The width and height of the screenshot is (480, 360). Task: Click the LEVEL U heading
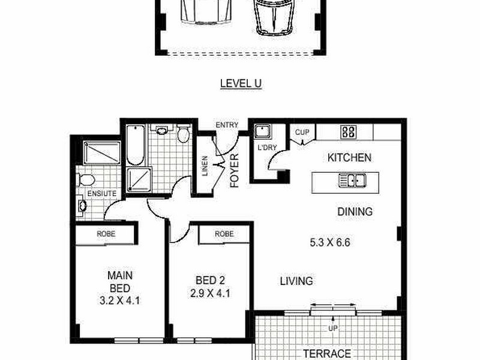pos(241,84)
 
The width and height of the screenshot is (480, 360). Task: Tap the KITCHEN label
pos(349,158)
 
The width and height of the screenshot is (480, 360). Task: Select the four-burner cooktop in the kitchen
pos(348,132)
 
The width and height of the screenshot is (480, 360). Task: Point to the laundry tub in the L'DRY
pos(263,132)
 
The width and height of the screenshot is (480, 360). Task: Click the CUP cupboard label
pos(301,132)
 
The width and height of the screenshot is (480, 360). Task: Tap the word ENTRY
pos(227,125)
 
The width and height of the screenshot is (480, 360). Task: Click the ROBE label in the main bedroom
pos(106,234)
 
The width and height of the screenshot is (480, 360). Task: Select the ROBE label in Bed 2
pos(224,234)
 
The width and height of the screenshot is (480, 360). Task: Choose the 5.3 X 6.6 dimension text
pos(329,244)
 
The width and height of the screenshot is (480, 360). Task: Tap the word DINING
pos(354,212)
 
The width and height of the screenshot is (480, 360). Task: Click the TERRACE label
pos(326,353)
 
